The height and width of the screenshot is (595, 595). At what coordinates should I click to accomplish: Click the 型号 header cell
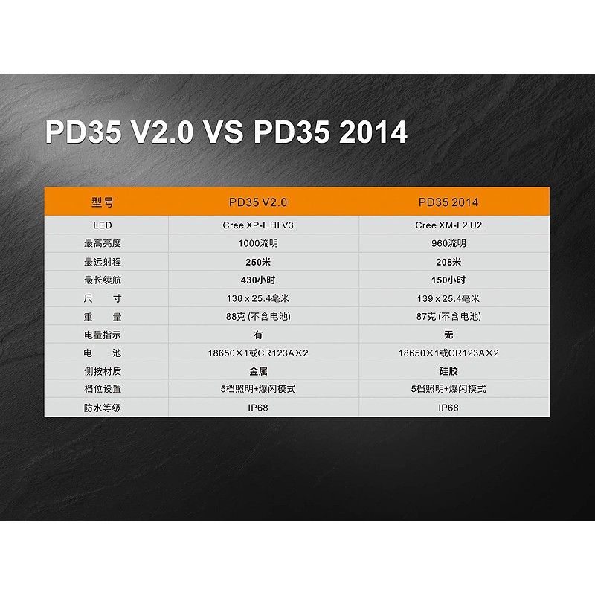tap(103, 202)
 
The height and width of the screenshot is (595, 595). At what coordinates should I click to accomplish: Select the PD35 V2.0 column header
tap(258, 202)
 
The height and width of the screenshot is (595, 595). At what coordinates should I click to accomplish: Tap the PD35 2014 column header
tap(448, 202)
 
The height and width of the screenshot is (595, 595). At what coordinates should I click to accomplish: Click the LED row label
tap(103, 225)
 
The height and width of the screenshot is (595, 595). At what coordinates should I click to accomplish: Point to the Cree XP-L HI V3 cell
tap(258, 225)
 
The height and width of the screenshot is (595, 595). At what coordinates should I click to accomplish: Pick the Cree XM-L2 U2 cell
tap(448, 225)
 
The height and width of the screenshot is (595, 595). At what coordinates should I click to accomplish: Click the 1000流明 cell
tap(258, 244)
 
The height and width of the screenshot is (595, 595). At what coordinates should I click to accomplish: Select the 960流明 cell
tap(448, 244)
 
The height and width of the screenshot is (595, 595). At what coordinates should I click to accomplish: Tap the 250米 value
tap(258, 263)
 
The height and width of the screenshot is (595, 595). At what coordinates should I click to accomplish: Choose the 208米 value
tap(448, 263)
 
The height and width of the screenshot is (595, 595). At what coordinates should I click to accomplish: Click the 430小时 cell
tap(258, 280)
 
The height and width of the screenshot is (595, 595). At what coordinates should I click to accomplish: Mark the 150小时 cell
tap(448, 280)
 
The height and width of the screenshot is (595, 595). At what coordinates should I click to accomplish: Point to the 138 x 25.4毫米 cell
tap(258, 299)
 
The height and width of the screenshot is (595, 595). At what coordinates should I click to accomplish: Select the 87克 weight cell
tap(448, 317)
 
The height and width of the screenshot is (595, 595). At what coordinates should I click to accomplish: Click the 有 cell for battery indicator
tap(258, 335)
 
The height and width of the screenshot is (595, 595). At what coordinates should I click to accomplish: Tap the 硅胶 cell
tap(448, 371)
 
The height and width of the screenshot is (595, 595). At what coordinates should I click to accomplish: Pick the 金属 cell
tap(258, 371)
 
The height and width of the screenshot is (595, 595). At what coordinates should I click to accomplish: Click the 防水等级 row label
tap(103, 408)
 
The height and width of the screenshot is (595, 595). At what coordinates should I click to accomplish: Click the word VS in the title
tap(224, 132)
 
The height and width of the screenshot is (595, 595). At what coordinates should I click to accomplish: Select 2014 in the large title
tap(373, 132)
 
